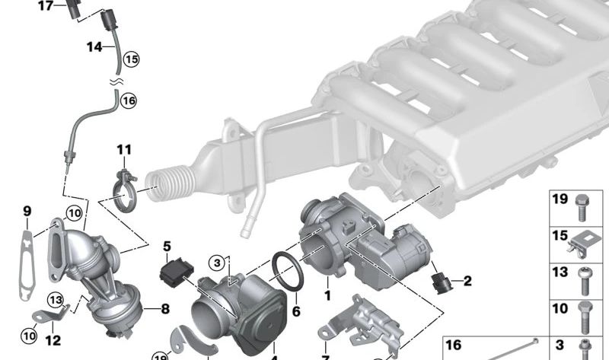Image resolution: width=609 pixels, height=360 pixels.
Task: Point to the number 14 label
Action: click(94, 47)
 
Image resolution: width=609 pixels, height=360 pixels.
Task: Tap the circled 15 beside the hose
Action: click(131, 58)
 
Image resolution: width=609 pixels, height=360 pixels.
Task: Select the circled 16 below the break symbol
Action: click(127, 100)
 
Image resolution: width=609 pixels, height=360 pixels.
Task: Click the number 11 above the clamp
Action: click(124, 149)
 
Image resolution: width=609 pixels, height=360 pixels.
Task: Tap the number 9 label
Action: click(27, 211)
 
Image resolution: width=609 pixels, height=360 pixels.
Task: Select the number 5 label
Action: click(167, 246)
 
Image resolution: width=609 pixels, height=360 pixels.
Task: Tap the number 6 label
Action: click(296, 311)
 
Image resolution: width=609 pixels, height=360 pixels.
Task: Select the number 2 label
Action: click(467, 282)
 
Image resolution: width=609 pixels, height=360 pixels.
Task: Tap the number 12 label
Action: click(53, 342)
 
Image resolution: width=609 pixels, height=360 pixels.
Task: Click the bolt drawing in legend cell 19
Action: click(584, 205)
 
